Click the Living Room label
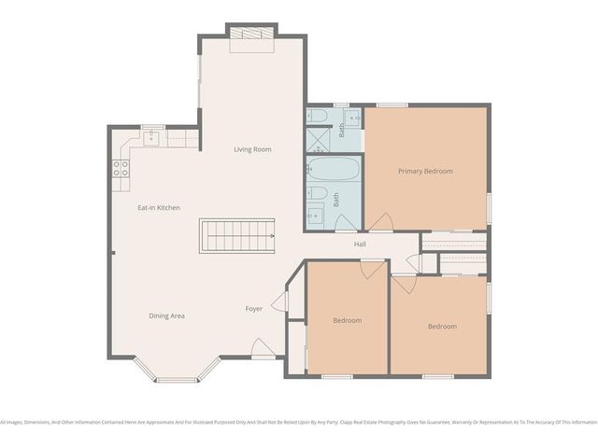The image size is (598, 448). click(252, 149)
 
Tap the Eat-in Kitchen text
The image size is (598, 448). click(159, 207)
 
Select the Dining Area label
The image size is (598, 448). click(166, 315)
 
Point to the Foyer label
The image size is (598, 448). click(253, 309)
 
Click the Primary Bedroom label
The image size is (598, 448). click(425, 171)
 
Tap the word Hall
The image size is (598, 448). click(360, 245)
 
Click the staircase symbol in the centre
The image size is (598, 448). click(237, 235)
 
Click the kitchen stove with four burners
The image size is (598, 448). click(121, 168)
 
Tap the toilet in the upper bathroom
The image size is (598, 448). click(316, 117)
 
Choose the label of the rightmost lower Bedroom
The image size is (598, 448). click(442, 326)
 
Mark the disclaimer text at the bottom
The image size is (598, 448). click(299, 421)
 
